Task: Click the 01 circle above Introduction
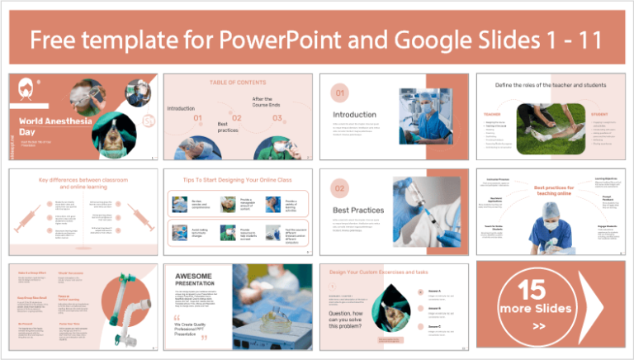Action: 340,92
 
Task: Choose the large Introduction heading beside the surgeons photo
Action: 354,114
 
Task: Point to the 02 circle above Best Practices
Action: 340,188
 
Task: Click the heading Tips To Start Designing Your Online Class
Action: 239,179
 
